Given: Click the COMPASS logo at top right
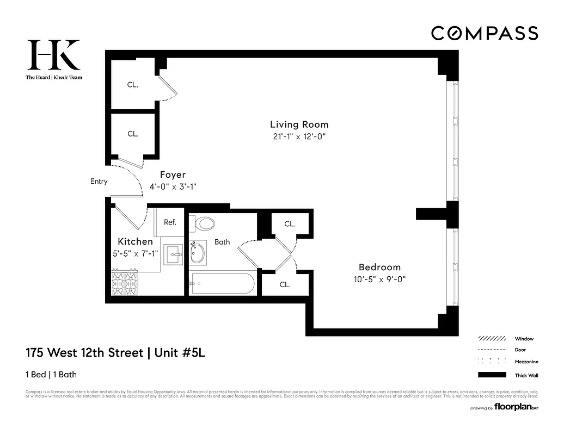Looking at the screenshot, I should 485,33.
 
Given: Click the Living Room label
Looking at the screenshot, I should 299,125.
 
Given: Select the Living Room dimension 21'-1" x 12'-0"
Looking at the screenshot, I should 299,136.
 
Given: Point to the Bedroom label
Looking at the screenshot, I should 379,267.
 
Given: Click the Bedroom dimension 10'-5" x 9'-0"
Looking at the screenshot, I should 379,279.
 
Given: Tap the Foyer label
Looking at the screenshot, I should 173,175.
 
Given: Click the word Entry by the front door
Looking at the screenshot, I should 99,182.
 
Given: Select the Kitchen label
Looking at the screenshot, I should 136,241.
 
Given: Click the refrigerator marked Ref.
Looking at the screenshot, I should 170,222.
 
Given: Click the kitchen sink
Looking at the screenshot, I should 174,253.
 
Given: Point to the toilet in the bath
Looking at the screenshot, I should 204,223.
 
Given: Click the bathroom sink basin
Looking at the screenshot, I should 198,253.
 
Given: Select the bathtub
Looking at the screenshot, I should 222,283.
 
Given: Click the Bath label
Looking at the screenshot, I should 222,242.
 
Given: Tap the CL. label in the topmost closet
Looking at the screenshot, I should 133,85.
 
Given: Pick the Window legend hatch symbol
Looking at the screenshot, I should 492,338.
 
